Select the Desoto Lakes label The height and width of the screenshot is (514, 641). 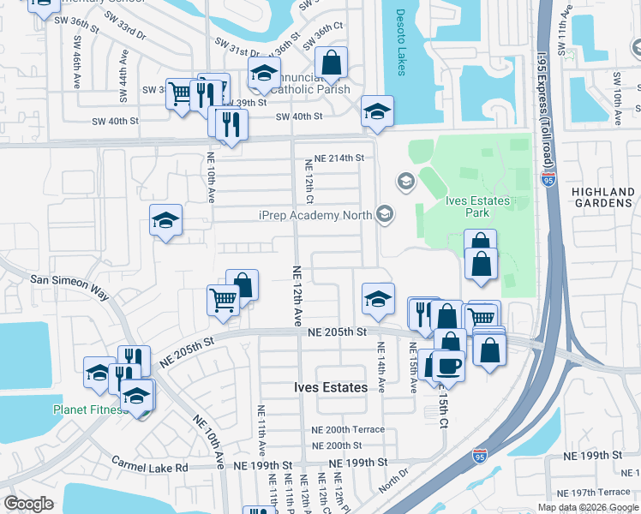click(x=401, y=41)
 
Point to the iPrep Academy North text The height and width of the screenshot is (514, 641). click(x=314, y=214)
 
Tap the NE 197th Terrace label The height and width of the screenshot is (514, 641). click(x=593, y=492)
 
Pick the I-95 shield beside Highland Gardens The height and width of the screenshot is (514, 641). click(x=549, y=180)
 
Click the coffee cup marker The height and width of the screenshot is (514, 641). click(x=447, y=366)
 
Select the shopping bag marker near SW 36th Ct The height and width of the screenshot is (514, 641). click(x=331, y=63)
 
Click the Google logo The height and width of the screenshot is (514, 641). click(x=29, y=504)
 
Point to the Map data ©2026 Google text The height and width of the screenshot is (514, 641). click(x=587, y=507)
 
